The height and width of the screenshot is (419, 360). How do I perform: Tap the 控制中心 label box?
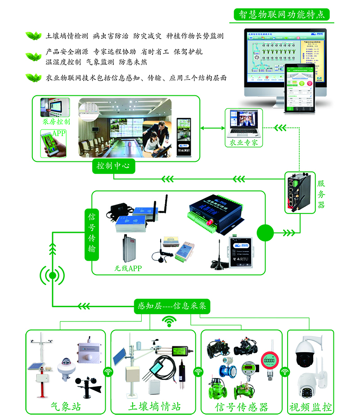pos(113,165)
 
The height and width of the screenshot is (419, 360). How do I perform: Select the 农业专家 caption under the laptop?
pos(243,143)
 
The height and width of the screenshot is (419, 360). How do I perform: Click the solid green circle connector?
pos(265,233)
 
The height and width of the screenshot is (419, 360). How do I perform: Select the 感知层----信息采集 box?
pos(172,306)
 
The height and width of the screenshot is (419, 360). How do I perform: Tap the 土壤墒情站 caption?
pos(154,407)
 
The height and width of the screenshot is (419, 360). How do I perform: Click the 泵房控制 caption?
pos(56,122)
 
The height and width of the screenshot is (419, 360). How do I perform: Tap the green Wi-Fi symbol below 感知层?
pos(169,321)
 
